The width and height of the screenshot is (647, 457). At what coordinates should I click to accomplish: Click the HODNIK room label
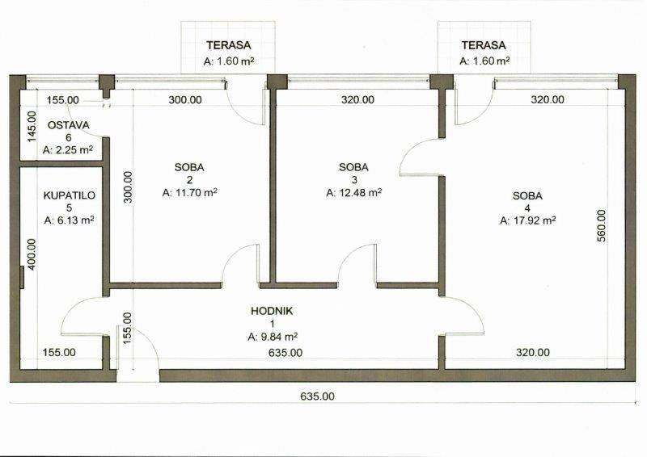point(272,311)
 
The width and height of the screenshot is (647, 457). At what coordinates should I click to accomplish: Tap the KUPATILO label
point(70,195)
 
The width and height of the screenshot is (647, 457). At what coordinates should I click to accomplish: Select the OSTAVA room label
point(69,125)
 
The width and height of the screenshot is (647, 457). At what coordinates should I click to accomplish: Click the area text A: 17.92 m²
point(528,220)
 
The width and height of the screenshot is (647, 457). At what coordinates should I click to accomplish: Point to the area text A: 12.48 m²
point(353,192)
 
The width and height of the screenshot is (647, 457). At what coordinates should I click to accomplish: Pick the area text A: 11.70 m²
point(190,192)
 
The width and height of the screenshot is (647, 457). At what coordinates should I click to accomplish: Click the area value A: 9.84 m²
point(273,337)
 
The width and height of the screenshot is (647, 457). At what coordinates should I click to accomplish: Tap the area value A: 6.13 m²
point(70,220)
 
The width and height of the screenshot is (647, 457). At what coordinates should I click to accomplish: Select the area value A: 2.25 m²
point(68,150)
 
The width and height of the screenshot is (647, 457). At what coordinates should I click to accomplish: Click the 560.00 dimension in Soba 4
point(602,226)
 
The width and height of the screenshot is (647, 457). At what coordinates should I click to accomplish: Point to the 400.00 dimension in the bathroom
point(32,254)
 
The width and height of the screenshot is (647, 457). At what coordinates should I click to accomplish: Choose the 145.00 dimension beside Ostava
point(32,127)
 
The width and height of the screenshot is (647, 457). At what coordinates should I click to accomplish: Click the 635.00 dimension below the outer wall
point(317,396)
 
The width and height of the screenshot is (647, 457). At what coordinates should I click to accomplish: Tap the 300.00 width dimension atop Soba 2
point(185,100)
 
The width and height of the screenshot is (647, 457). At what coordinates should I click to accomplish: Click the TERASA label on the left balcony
point(229,45)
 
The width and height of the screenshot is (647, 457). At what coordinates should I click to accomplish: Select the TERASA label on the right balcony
point(484,45)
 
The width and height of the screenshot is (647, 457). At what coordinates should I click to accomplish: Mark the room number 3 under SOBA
point(354,180)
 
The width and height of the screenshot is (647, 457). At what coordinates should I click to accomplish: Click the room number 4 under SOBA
point(527,208)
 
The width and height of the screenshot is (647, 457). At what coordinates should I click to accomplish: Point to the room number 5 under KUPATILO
point(70,208)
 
